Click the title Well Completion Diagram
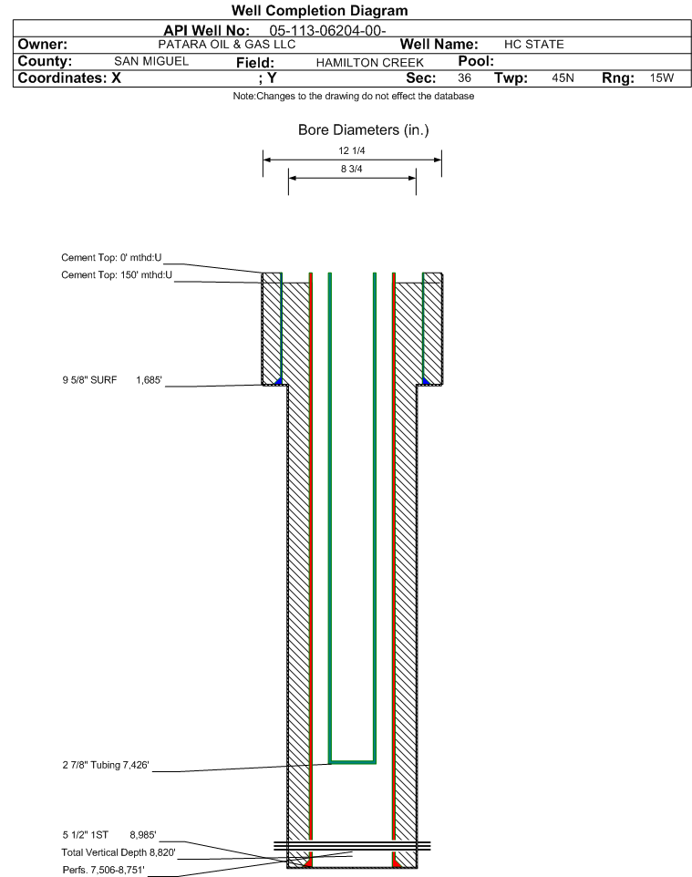(319, 11)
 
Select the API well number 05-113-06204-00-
(328, 31)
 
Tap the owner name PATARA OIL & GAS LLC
(227, 44)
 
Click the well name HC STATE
(533, 44)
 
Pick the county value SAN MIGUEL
(151, 61)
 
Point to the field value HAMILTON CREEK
(370, 63)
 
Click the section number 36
(464, 77)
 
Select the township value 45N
(563, 77)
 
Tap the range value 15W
(662, 77)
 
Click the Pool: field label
(476, 61)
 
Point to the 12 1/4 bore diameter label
(352, 150)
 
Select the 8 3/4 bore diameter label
(352, 169)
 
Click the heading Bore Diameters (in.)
(364, 130)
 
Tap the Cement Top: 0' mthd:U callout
(111, 257)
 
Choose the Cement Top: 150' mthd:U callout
(117, 274)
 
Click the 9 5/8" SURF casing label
(89, 380)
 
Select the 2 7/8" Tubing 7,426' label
(106, 765)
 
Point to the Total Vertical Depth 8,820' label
(119, 852)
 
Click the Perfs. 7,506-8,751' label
(104, 870)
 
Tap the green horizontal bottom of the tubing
(353, 762)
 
